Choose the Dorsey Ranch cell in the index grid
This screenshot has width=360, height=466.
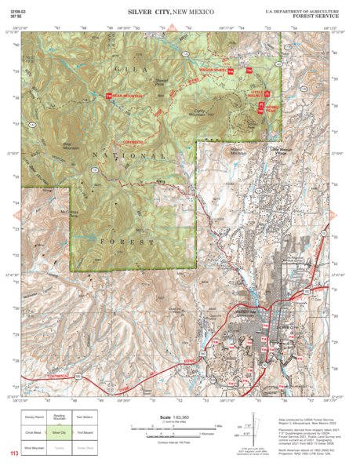[x=34, y=419]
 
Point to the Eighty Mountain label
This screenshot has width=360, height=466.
[x=205, y=114]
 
